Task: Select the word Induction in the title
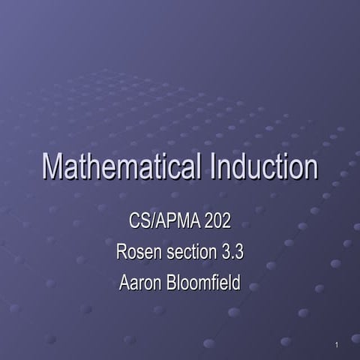263,166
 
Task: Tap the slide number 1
338,345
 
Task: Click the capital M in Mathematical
54,166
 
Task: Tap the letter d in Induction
244,166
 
